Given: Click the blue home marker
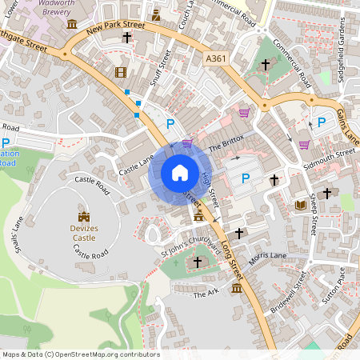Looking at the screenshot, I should [x=180, y=173].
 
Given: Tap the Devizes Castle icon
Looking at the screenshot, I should [x=84, y=216].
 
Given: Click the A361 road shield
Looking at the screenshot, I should [x=215, y=58].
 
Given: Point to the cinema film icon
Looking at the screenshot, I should [x=120, y=73].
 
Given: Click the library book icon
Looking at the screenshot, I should [x=301, y=206].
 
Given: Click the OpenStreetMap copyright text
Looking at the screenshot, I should [x=81, y=354].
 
